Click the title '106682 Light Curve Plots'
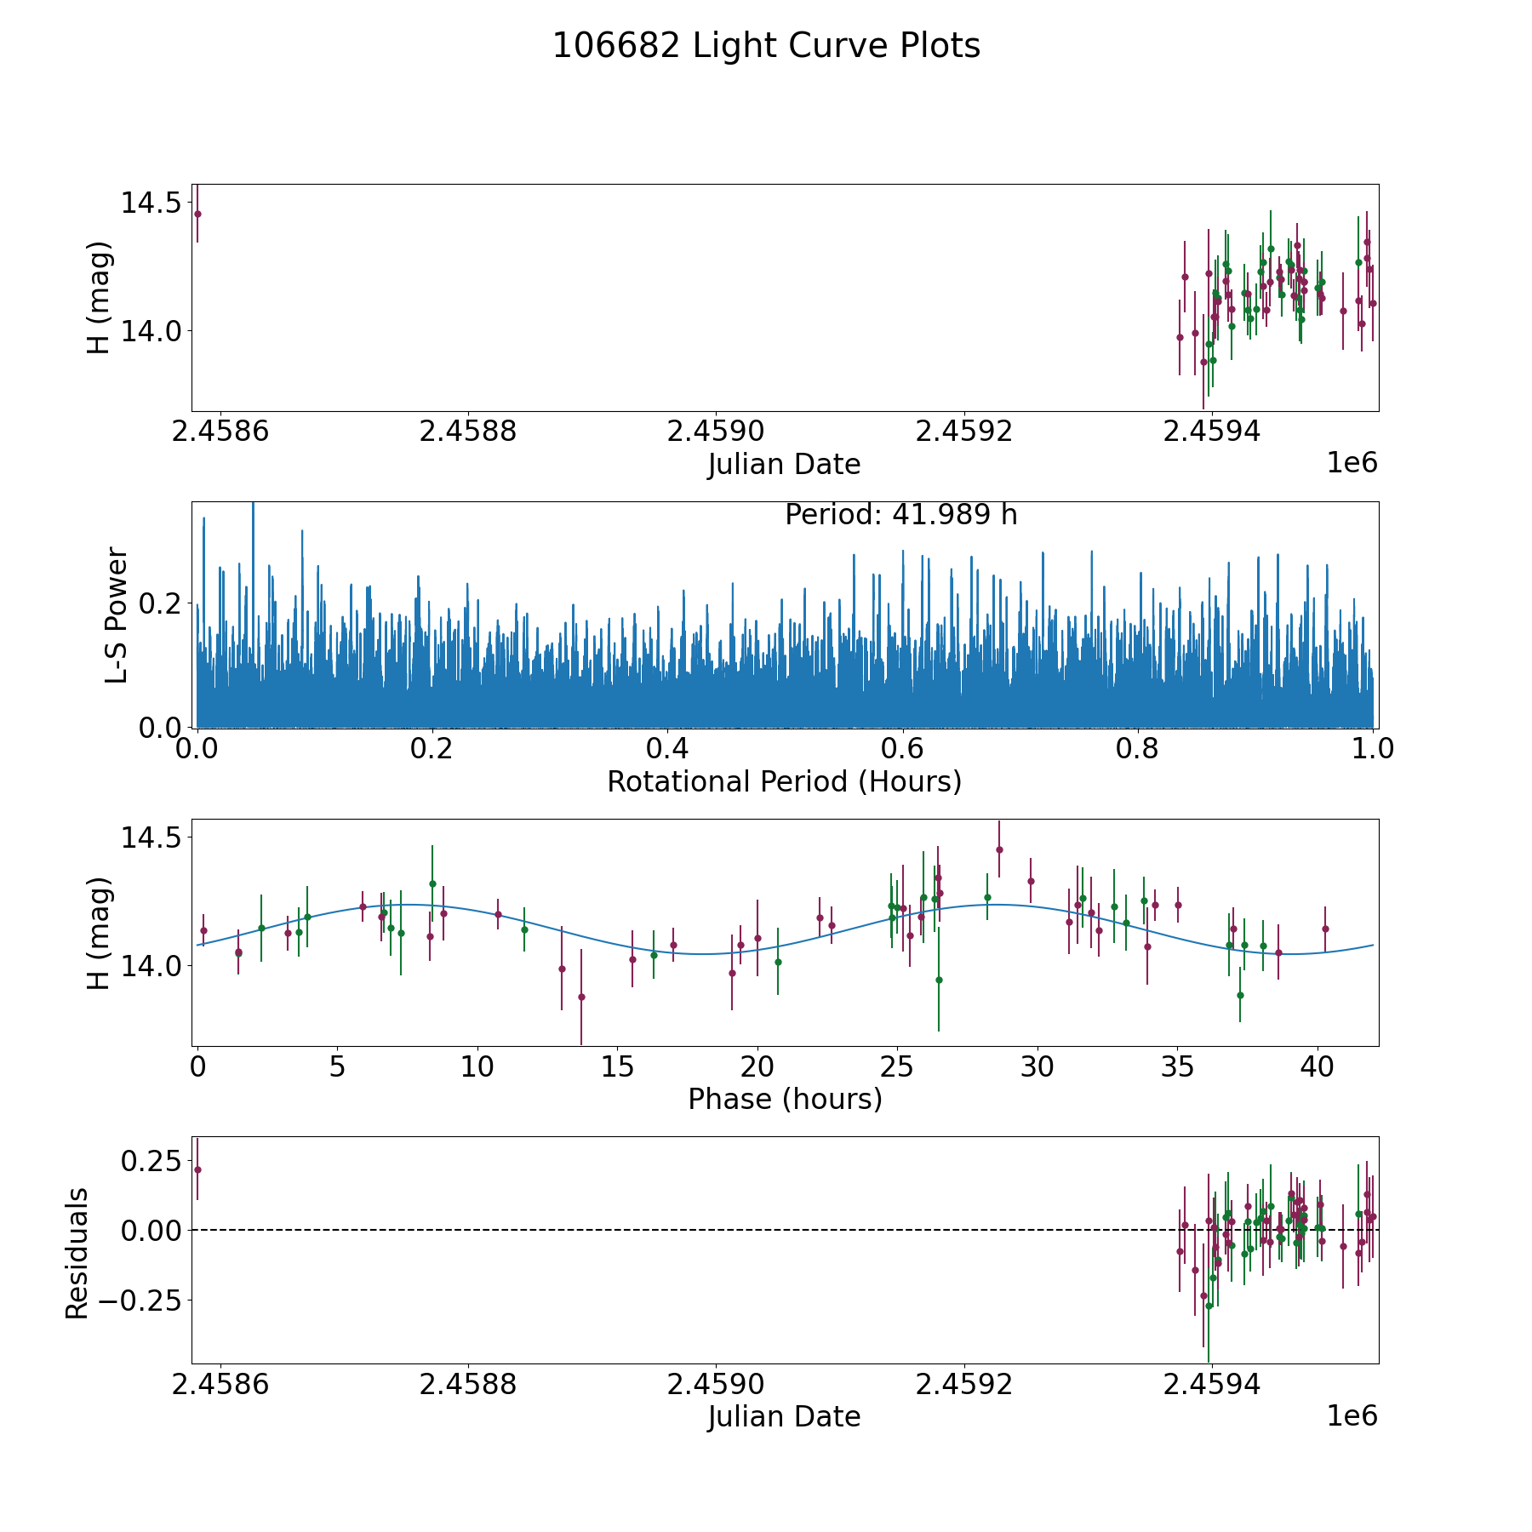tap(766, 46)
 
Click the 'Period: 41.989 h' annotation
tap(900, 515)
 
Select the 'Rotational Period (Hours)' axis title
tap(784, 781)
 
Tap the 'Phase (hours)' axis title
tap(785, 1099)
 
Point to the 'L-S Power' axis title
tap(117, 615)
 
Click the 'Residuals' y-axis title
tap(77, 1253)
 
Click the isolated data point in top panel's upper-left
tap(197, 214)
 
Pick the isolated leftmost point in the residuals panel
tap(197, 1169)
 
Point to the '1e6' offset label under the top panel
tap(1352, 463)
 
